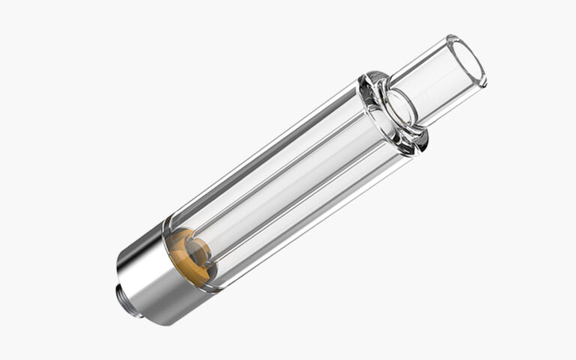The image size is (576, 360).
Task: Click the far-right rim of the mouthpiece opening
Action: click(x=484, y=71)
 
